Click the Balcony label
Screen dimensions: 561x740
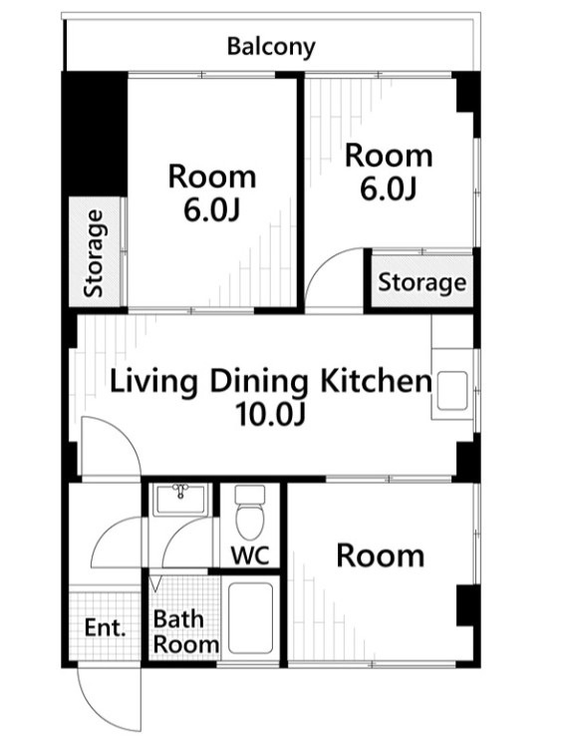pos(271,47)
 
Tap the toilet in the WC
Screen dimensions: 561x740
pos(250,513)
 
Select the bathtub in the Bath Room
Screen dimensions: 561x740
pos(250,618)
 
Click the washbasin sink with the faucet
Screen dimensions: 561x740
pos(181,500)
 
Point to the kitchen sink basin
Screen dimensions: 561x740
pos(452,390)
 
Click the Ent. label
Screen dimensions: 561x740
pos(106,628)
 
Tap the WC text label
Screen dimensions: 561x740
pos(250,555)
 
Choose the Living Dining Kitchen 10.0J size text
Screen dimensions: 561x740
pos(271,415)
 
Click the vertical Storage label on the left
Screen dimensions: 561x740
pos(94,253)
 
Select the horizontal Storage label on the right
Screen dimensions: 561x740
pos(421,282)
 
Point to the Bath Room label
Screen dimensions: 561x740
pos(185,632)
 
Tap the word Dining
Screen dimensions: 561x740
pos(258,382)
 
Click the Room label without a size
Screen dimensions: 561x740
pos(380,555)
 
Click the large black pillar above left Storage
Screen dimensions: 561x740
pos(95,134)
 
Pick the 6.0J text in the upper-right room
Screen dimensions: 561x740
pos(388,189)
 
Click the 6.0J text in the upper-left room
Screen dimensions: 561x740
pos(211,210)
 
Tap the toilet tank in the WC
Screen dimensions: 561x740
pos(250,494)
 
